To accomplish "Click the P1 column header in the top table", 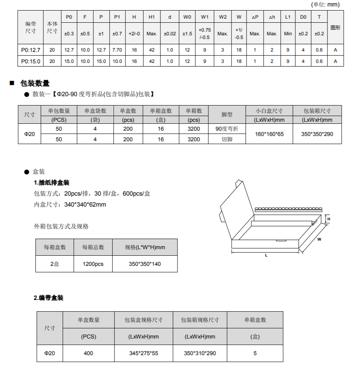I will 117,17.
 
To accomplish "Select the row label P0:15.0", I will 30,61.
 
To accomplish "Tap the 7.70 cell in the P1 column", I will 117,50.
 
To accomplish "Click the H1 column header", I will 152,17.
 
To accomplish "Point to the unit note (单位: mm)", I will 325,4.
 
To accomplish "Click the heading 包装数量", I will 35,83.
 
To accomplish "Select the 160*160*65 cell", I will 269,134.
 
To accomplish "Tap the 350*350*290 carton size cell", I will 317,134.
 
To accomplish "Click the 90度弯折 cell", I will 227,129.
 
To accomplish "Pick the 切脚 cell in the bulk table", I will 227,139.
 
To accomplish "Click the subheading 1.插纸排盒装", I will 52,183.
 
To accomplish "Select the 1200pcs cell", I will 93,264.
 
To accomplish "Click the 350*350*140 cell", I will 145,264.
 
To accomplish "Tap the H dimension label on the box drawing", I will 329,219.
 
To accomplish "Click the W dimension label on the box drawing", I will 319,239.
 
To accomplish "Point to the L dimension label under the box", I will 266,255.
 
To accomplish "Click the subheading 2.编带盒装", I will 48,298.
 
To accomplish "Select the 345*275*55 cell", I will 143,353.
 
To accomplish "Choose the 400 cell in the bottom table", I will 88,353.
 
